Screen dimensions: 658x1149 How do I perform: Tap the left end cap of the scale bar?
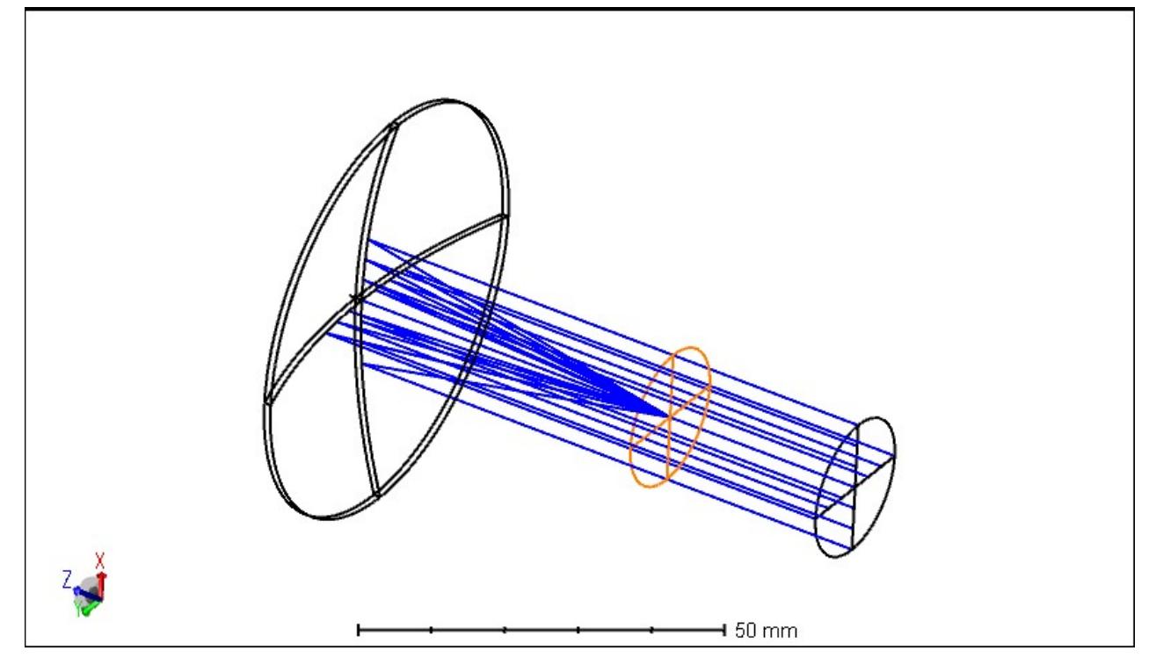359,629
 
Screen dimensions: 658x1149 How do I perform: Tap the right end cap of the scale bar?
724,629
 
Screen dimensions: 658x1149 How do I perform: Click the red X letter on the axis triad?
100,559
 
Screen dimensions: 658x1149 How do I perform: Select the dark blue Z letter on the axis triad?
66,577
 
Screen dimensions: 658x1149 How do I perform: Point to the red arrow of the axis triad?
101,581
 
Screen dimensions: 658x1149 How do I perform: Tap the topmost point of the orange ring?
694,348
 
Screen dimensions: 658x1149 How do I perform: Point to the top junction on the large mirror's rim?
392,122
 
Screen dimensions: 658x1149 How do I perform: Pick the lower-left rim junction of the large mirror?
266,401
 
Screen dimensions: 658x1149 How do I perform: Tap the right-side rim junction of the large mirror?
505,214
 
